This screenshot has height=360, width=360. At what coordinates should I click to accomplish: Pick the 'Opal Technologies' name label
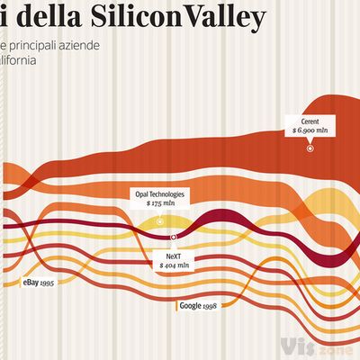pyautogui.click(x=160, y=193)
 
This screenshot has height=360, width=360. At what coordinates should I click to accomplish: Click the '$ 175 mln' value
pyautogui.click(x=160, y=204)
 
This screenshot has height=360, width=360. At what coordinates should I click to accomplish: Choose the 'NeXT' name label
pyautogui.click(x=174, y=256)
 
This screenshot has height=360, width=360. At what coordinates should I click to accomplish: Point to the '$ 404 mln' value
pyautogui.click(x=174, y=266)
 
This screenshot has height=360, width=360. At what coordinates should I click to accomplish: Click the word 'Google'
pyautogui.click(x=189, y=306)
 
